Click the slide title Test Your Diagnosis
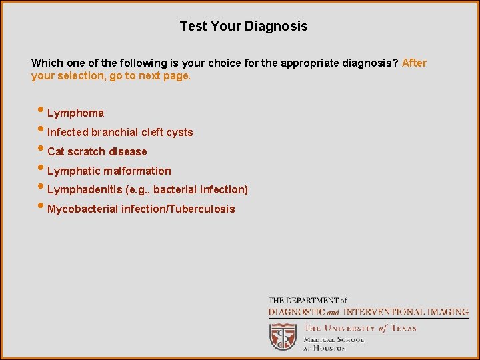click(x=243, y=27)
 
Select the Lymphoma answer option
click(x=75, y=113)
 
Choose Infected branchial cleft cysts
click(x=120, y=133)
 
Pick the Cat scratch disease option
click(x=97, y=152)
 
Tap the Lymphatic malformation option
click(x=109, y=171)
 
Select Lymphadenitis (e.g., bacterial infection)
click(x=147, y=190)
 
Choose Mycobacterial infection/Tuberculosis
click(x=141, y=209)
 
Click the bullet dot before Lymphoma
click(x=42, y=111)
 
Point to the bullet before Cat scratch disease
click(x=42, y=149)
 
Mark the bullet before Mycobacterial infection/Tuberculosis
click(x=42, y=207)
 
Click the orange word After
click(x=414, y=63)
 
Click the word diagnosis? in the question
click(x=373, y=63)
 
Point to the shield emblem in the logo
click(x=283, y=336)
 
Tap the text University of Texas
click(x=360, y=328)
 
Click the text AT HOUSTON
click(x=325, y=348)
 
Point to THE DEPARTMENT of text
click(x=307, y=301)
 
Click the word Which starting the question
click(x=47, y=63)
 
